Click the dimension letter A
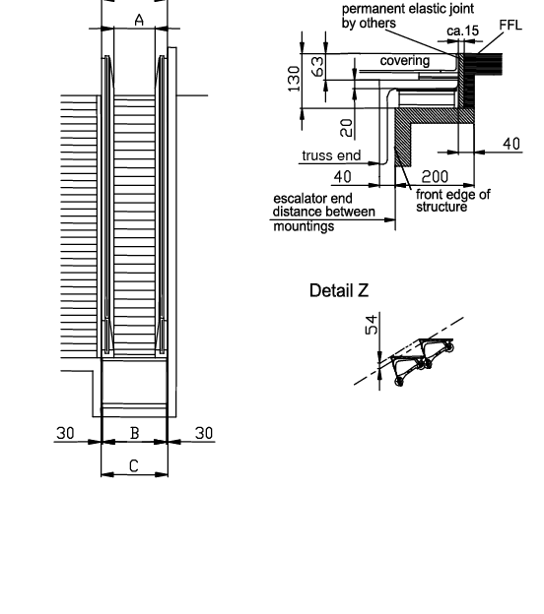[139, 20]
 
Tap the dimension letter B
[135, 433]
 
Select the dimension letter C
[134, 466]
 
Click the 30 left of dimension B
[65, 433]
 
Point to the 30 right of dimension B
[204, 433]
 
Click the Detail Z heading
[339, 290]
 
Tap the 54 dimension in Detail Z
[372, 325]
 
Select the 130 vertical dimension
[294, 79]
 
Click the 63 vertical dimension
[317, 66]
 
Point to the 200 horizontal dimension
[435, 177]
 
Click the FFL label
[510, 25]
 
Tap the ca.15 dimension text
[463, 31]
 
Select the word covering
[405, 61]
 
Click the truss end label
[331, 155]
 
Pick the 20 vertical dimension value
[347, 128]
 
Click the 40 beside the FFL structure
[511, 144]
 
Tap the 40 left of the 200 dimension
[342, 177]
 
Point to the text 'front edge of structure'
[453, 200]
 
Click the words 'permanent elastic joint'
[408, 9]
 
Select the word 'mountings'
[304, 226]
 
